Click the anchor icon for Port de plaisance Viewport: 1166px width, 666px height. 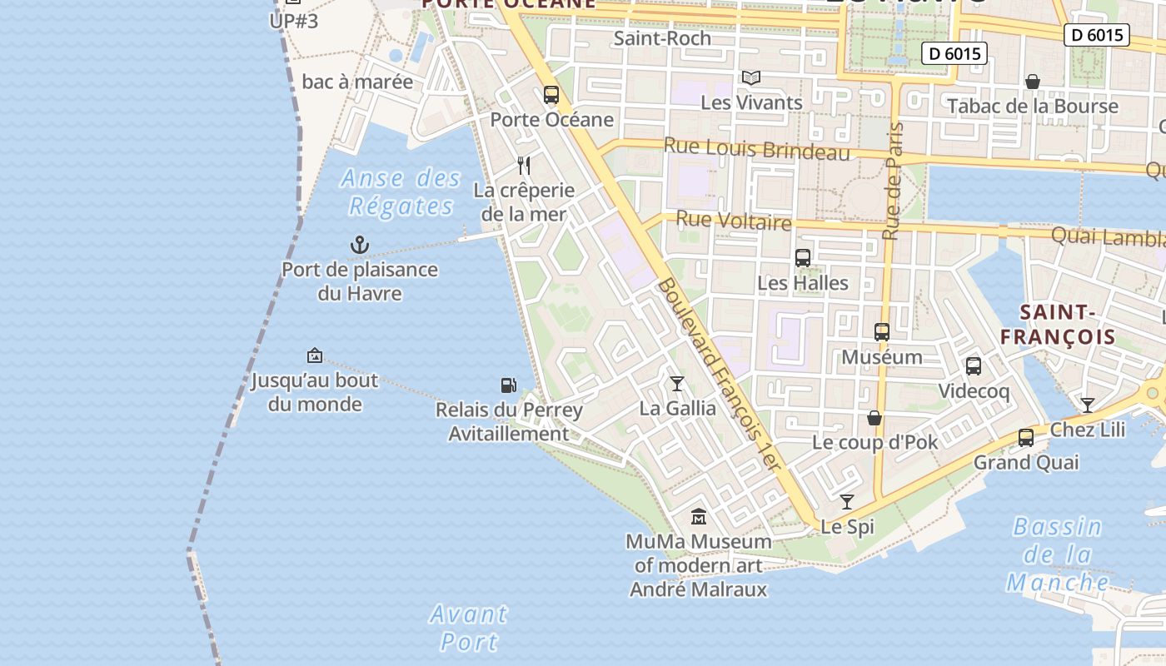359,245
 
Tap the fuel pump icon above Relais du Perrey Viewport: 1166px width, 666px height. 508,385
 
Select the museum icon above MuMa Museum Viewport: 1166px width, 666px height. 698,517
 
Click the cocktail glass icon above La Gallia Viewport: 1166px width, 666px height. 677,383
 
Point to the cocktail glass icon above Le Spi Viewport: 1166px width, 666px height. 847,502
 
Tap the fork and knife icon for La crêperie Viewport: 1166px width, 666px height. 524,165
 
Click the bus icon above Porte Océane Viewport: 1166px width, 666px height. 551,95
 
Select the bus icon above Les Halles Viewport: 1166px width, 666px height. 803,258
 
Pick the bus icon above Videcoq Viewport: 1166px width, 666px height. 974,366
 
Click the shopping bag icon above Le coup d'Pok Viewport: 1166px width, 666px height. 874,418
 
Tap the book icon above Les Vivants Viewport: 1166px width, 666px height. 751,78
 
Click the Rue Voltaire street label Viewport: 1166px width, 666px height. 733,221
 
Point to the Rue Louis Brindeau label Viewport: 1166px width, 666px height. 756,150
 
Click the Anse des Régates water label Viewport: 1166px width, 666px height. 401,192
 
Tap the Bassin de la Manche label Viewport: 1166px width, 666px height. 1057,554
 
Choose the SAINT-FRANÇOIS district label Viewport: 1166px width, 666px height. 1057,325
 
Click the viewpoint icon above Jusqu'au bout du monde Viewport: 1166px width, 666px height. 315,355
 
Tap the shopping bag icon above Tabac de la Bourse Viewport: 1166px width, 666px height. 1033,82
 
